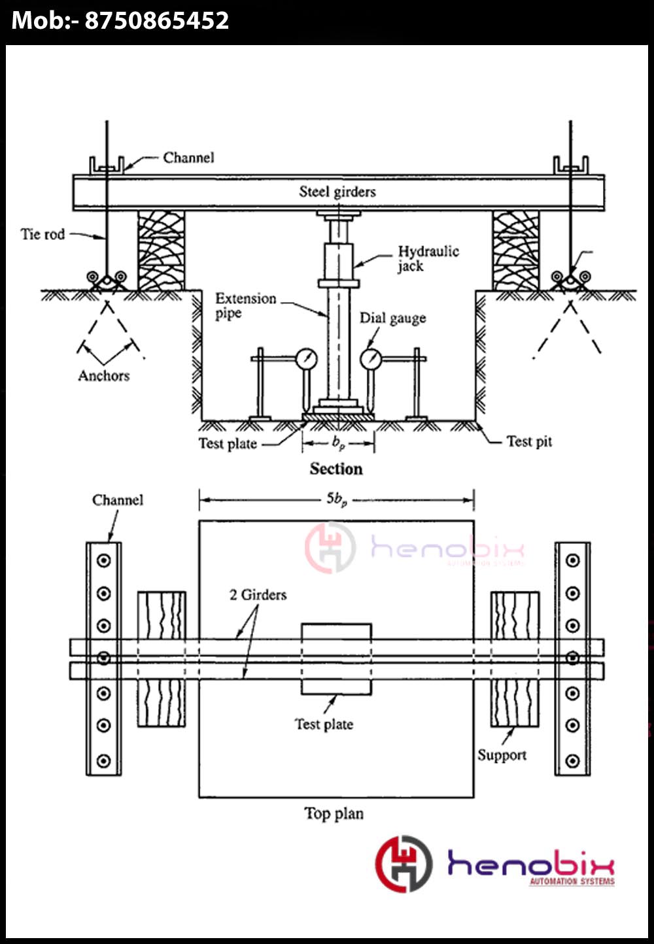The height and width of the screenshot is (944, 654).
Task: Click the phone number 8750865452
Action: (x=156, y=21)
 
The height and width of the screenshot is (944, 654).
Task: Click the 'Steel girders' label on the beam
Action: (x=337, y=192)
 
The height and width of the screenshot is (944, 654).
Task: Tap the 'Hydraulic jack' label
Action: (x=428, y=258)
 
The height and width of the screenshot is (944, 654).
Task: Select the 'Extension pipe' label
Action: (x=245, y=305)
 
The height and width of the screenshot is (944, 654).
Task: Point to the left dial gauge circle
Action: (x=306, y=358)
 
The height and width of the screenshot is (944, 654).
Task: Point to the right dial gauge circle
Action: (x=371, y=358)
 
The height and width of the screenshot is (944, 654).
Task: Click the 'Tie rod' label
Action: (x=43, y=234)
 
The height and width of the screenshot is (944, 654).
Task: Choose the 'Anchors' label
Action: (x=103, y=375)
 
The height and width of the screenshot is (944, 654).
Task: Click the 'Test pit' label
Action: (x=529, y=441)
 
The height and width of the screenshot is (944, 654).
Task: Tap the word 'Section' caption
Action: (x=336, y=469)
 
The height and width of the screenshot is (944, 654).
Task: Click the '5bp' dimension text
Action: (x=337, y=499)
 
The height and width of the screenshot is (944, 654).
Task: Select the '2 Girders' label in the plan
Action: (x=258, y=595)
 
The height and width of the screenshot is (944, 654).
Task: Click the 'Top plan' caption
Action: (x=334, y=813)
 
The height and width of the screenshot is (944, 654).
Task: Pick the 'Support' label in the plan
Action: (x=502, y=755)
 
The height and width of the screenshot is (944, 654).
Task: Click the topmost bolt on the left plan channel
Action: (x=103, y=560)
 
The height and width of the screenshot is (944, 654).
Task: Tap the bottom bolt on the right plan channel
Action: (x=572, y=760)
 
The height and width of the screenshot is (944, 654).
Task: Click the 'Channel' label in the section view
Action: (x=188, y=158)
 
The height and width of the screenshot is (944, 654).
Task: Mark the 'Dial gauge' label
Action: (x=392, y=318)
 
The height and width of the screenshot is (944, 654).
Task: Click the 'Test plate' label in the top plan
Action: (x=324, y=724)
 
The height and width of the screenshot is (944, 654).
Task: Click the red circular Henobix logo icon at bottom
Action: (x=403, y=864)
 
